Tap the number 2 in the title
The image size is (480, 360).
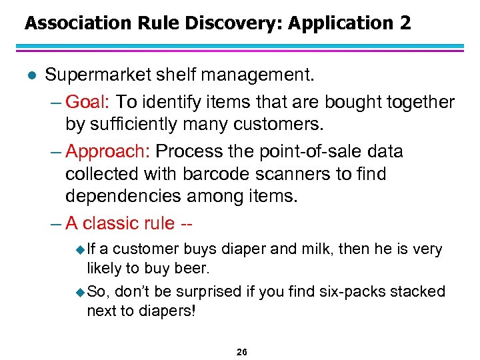pyautogui.click(x=405, y=23)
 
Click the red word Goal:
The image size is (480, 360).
pyautogui.click(x=91, y=102)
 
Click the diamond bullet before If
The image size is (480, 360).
pyautogui.click(x=81, y=250)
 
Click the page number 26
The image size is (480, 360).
pyautogui.click(x=241, y=351)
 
